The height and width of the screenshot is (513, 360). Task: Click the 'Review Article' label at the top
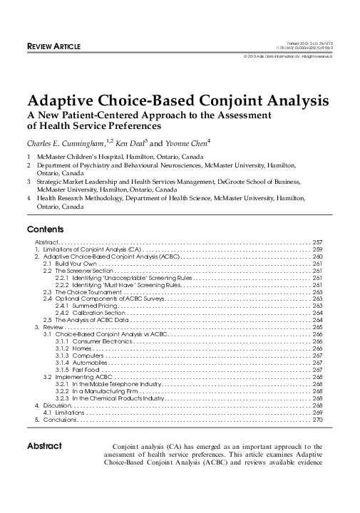pyautogui.click(x=53, y=46)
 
